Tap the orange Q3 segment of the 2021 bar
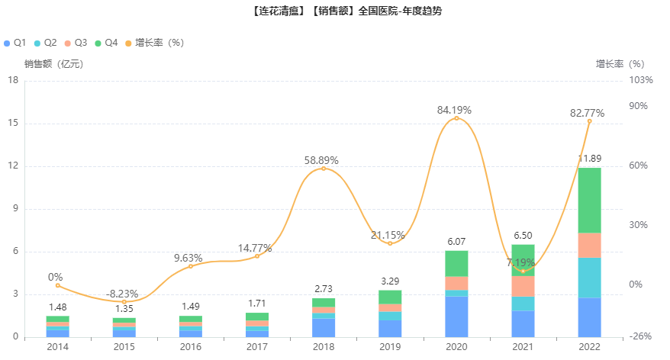523,286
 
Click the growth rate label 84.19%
454,110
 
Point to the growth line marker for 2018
323,168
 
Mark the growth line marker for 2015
124,302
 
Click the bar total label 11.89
589,159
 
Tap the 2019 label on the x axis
390,347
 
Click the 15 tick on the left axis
13,124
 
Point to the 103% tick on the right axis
641,80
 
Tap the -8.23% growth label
122,293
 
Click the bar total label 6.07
456,242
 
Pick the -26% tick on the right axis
642,336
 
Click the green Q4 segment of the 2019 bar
390,297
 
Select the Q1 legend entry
15,43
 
